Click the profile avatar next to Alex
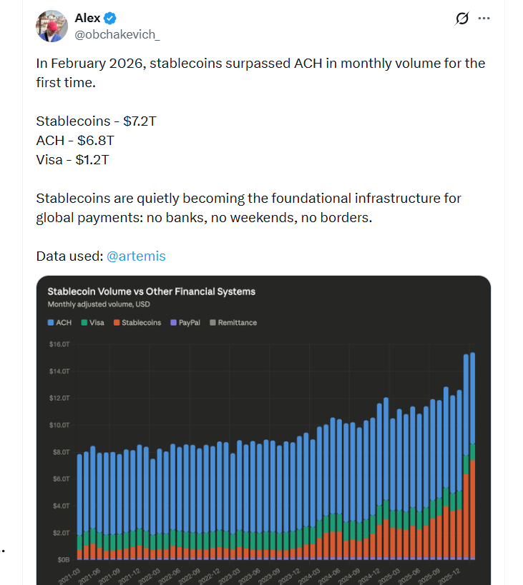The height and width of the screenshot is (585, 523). (52, 26)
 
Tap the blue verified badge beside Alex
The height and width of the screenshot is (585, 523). (112, 19)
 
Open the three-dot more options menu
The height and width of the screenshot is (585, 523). (484, 19)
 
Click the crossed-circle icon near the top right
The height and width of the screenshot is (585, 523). (461, 19)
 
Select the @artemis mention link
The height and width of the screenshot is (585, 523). (136, 256)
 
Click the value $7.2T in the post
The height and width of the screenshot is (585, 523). (138, 121)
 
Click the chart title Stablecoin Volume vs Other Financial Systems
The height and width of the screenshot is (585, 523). (151, 291)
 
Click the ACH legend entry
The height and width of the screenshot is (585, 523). (59, 323)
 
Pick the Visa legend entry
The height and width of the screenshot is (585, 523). (92, 323)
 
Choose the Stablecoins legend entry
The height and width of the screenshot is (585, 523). (137, 323)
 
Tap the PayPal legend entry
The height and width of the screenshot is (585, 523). (185, 323)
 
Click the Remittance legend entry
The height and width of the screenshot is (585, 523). (233, 323)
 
